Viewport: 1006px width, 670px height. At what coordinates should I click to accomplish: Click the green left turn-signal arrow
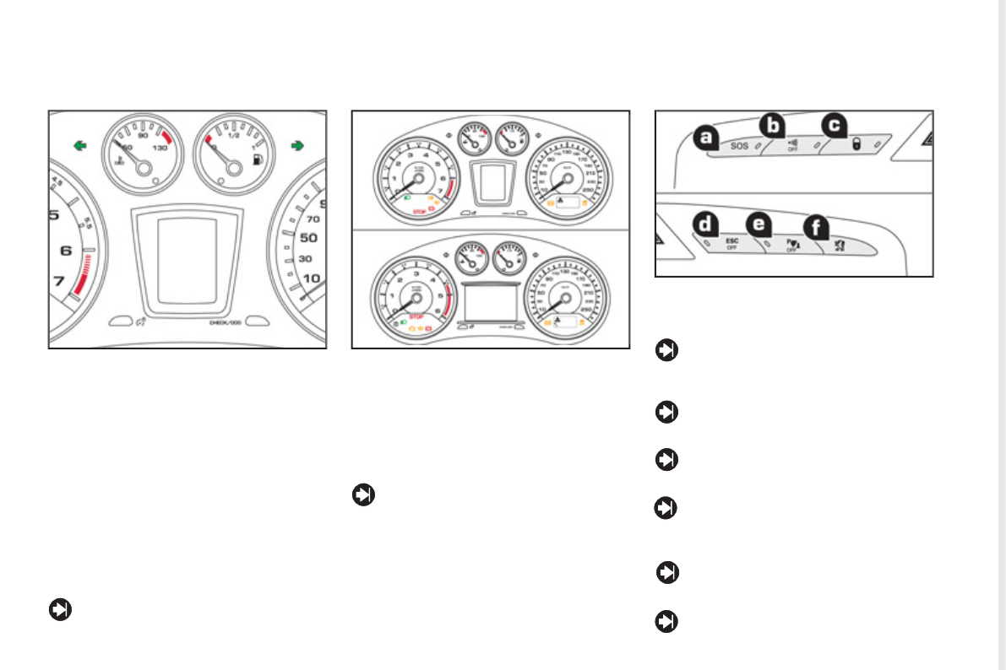79,146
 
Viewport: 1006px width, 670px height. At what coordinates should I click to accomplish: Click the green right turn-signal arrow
296,146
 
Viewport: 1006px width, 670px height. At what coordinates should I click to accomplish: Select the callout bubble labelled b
771,126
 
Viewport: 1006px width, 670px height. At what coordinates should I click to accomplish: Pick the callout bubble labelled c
834,126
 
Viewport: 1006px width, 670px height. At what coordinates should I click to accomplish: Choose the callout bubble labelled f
815,227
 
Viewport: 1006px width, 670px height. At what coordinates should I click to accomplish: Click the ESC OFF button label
731,244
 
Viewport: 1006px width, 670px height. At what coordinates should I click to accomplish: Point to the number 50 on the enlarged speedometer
310,238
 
